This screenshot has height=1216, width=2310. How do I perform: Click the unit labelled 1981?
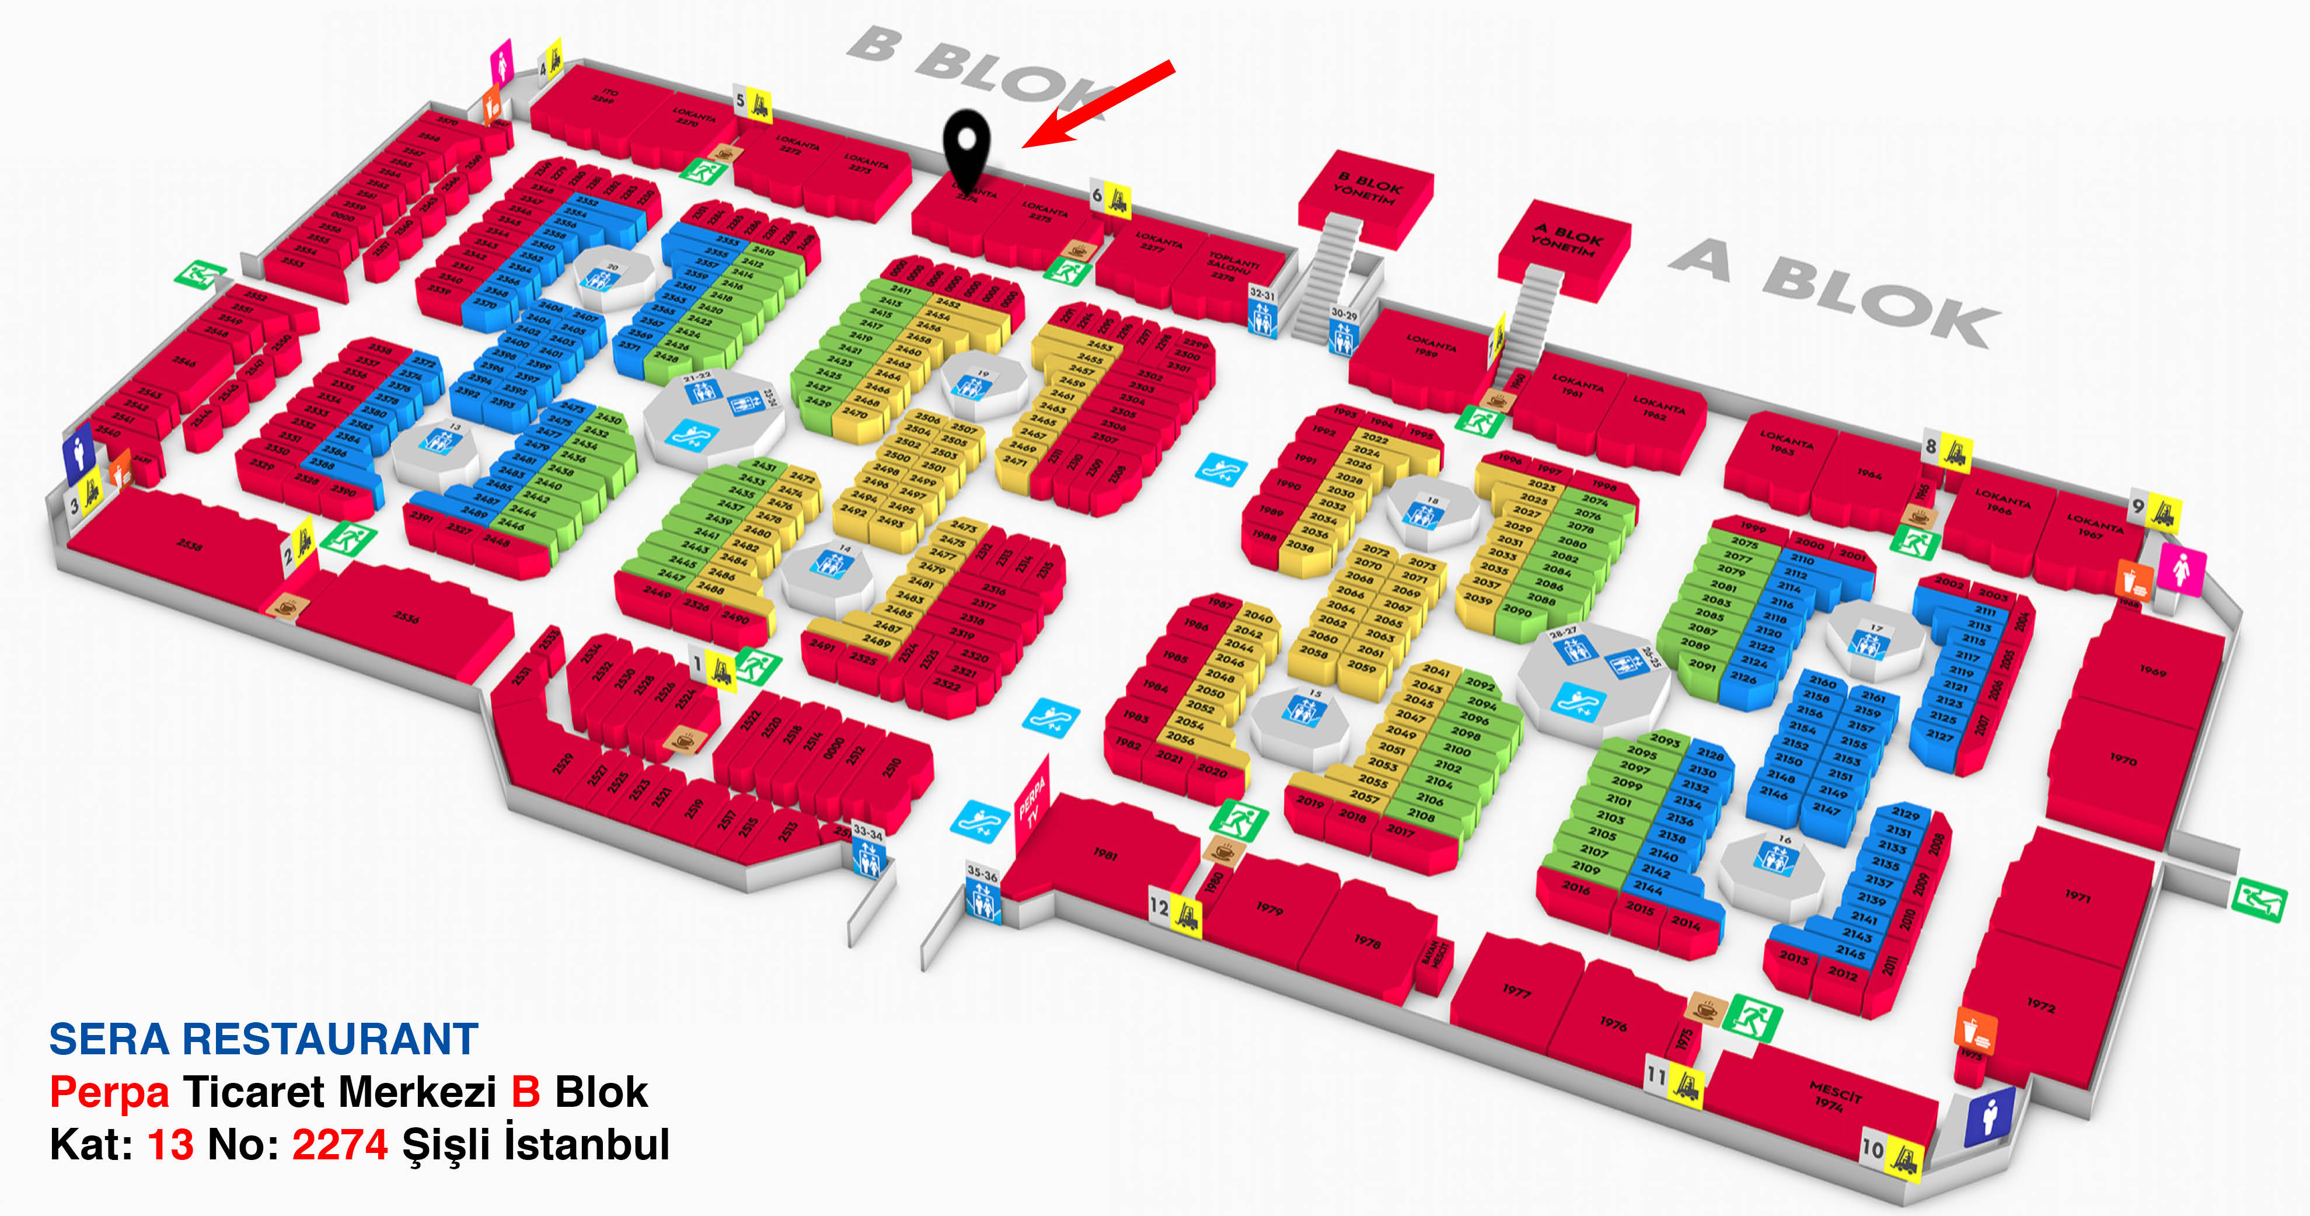[x=1105, y=853]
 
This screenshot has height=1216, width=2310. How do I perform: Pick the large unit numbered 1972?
[x=2040, y=1006]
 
